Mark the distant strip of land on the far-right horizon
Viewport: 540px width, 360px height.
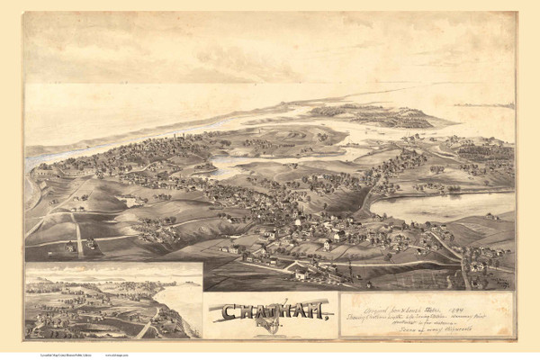(486, 105)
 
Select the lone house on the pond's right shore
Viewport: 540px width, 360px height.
(492, 216)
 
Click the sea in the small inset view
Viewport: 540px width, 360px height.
(184, 297)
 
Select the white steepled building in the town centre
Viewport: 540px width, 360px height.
(297, 221)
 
